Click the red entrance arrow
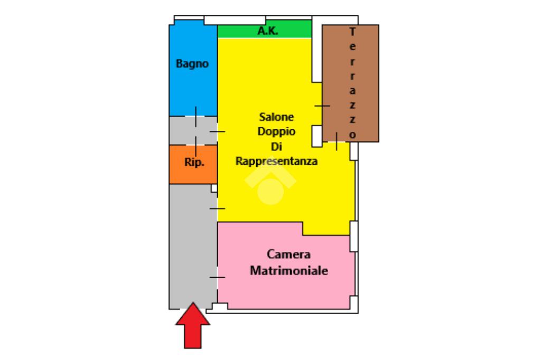pos(192,326)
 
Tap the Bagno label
pos(192,64)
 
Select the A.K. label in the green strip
pos(268,31)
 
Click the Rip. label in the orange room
pos(194,162)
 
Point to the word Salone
pos(276,117)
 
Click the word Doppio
pos(276,132)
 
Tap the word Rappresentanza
pos(276,161)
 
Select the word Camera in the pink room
pos(288,254)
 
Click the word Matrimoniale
pos(289,271)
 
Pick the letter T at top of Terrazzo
pos(352,32)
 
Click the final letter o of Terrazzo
pos(352,135)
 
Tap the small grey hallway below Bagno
pos(193,130)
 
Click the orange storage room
pos(193,165)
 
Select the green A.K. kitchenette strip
pos(265,29)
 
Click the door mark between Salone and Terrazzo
pos(322,106)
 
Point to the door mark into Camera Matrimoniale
pos(217,277)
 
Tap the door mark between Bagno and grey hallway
pos(195,117)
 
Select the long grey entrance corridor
pos(193,247)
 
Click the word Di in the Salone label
pos(276,147)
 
